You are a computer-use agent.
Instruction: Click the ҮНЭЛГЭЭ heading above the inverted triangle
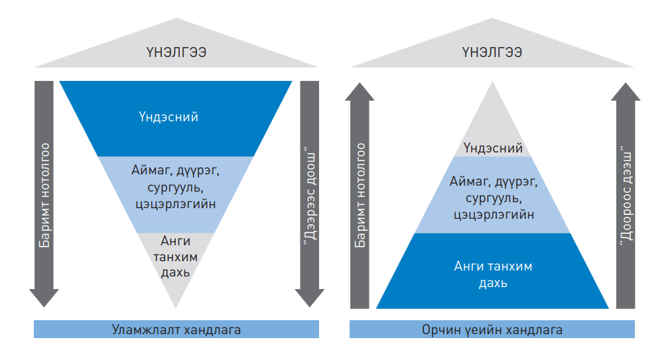point(176,52)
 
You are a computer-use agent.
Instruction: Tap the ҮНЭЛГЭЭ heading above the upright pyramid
point(492,52)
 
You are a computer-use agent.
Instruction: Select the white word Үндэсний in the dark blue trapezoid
point(168,117)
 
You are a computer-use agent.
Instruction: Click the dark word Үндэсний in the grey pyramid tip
point(493,148)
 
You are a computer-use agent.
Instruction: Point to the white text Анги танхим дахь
point(493,274)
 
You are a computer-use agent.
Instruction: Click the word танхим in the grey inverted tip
point(175,257)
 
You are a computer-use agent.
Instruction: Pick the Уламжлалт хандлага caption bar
point(176,330)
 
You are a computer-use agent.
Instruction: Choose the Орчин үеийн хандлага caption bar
point(492,330)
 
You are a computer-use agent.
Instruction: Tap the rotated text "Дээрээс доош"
point(310,196)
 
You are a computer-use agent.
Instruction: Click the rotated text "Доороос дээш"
point(626,196)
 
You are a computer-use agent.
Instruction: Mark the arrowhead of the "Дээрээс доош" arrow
point(310,298)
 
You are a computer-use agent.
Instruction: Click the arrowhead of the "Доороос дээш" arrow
point(626,91)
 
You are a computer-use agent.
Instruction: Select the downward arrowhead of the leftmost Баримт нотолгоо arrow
point(44,298)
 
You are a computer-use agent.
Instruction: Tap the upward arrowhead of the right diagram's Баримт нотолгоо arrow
point(360,91)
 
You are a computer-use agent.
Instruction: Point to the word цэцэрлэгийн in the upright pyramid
point(494,214)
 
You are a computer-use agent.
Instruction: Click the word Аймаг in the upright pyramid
point(468,182)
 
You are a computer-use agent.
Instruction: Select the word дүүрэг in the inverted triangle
point(198,171)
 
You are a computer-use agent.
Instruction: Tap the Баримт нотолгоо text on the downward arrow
point(44,196)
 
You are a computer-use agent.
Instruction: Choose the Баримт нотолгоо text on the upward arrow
point(360,196)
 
